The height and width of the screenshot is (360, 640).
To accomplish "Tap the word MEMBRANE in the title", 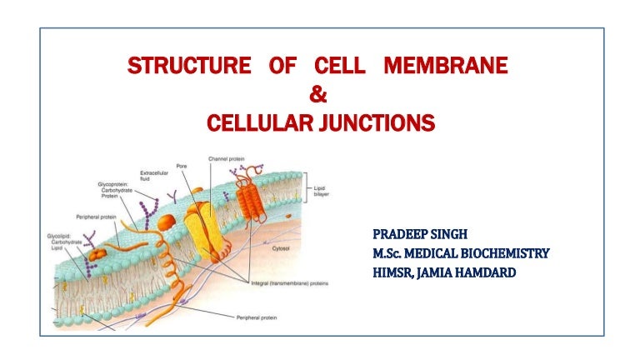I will coord(445,66).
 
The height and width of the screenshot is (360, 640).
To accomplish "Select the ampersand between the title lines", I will coord(317,95).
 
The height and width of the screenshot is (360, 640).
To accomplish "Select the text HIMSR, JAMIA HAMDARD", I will coord(444,271).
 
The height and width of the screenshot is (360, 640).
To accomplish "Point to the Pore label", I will coord(180,166).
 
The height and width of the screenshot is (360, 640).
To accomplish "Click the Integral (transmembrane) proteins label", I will coord(289,283).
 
